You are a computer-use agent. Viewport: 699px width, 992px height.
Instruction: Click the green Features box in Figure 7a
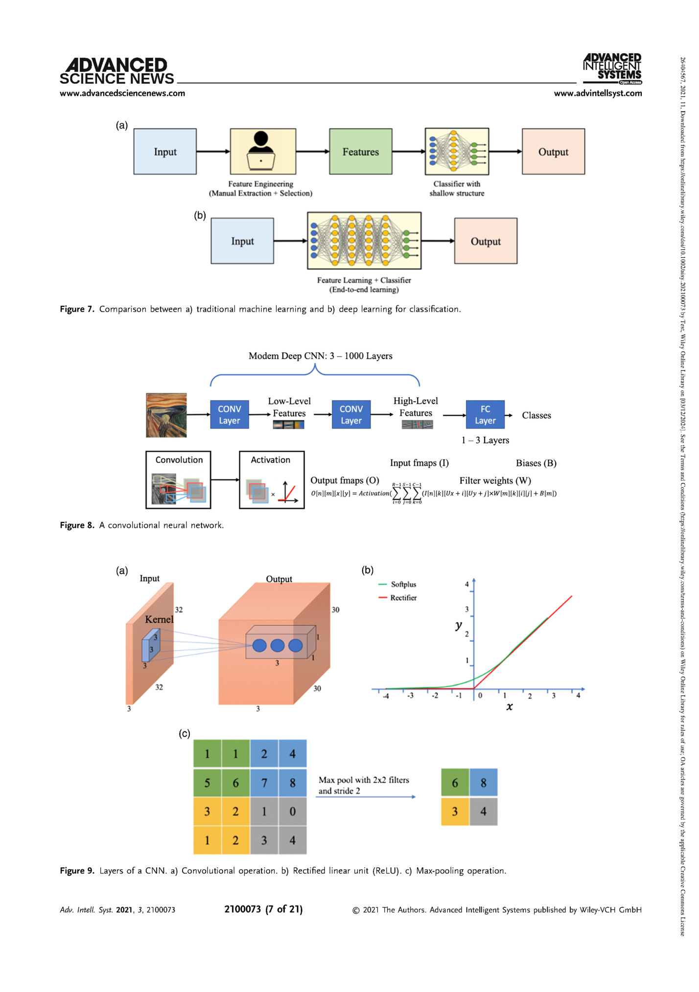coord(360,152)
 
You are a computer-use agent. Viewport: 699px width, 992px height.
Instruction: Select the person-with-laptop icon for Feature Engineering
coord(261,151)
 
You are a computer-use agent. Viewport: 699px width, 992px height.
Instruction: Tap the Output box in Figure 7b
coord(486,241)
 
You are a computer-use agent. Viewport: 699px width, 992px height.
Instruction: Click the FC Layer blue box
coord(485,415)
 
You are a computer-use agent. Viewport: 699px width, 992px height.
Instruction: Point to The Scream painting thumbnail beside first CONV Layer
coord(166,415)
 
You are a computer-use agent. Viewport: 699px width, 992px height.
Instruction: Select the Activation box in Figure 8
coord(271,479)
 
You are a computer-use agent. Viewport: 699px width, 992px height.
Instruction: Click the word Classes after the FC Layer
coord(536,415)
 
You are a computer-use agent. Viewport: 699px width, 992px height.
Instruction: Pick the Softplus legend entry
coord(403,584)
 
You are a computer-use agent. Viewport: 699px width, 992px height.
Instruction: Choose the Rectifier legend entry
coord(403,598)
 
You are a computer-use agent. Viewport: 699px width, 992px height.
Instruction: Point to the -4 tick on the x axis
coord(386,695)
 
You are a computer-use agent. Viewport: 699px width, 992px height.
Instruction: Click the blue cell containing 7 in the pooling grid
coord(264,783)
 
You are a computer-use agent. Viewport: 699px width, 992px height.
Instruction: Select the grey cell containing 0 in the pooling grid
coord(292,812)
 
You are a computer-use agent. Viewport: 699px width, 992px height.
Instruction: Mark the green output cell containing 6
coord(455,783)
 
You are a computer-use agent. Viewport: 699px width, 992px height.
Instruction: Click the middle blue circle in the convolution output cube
coord(278,645)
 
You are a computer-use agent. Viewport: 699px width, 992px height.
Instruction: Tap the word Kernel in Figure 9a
coord(159,619)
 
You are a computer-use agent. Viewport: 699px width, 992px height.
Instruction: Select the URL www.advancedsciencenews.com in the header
coord(122,93)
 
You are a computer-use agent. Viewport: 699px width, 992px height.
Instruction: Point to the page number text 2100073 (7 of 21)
coord(263,909)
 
